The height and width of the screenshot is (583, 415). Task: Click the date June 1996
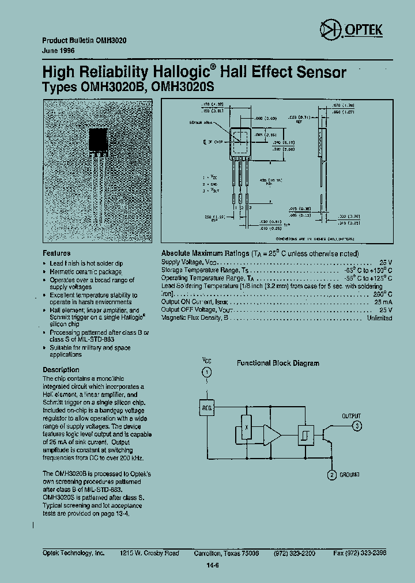pos(59,51)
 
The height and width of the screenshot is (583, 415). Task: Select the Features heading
pos(56,253)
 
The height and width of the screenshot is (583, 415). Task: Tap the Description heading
pos(61,370)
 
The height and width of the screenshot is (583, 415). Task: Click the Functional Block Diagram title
pos(278,364)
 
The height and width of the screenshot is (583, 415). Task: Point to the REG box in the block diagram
pos(206,408)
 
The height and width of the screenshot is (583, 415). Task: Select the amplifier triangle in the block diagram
pos(271,433)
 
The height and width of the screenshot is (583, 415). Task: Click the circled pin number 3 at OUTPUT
pos(357,426)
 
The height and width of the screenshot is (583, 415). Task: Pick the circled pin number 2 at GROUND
pos(331,475)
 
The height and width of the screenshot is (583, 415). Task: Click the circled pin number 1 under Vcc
pos(206,373)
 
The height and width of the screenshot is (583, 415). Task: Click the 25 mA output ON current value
pos(383,301)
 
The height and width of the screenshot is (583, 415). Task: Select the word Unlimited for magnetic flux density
pos(379,317)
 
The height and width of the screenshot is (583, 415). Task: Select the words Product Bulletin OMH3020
pos(85,41)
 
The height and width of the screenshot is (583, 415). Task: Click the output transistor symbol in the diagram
pos(329,433)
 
